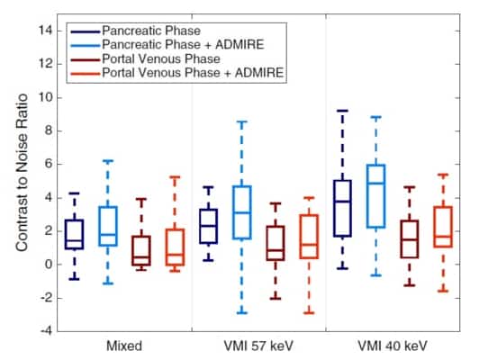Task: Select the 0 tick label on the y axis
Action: point(53,264)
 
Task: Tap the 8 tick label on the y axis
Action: point(53,130)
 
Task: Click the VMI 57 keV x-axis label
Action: point(258,345)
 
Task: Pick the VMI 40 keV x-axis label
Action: point(393,345)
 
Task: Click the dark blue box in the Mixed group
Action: point(75,234)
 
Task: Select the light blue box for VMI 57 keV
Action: point(241,212)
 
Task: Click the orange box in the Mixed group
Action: point(175,246)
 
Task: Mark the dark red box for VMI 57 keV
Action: point(276,243)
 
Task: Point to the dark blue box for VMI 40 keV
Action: point(342,208)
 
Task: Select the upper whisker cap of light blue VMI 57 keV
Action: point(241,121)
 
